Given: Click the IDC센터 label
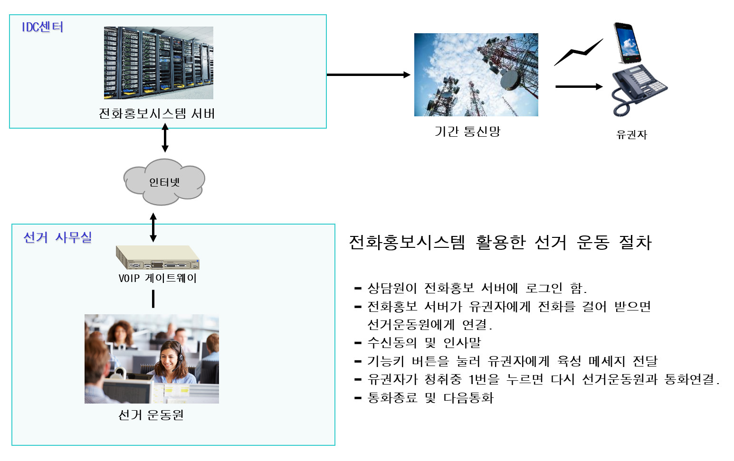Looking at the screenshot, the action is (x=43, y=27).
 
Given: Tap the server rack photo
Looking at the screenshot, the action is (x=159, y=63).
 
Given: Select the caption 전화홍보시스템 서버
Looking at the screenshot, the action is (x=157, y=113).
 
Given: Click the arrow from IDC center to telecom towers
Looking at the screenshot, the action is (x=368, y=75).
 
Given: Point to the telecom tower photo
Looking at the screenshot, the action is (x=476, y=75).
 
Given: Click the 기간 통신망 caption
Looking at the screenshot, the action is (x=467, y=132).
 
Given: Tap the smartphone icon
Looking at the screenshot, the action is (x=627, y=43).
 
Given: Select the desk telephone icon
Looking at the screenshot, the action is (x=639, y=90).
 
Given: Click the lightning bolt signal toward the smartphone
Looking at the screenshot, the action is (x=579, y=52).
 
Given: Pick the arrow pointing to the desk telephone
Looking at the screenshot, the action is (x=579, y=86).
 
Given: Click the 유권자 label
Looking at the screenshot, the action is (x=632, y=134).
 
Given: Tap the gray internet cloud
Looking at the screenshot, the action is (x=164, y=182).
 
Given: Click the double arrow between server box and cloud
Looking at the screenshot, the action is (x=165, y=138).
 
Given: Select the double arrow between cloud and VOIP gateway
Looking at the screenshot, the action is (x=153, y=227).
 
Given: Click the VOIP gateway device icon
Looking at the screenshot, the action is (x=158, y=257).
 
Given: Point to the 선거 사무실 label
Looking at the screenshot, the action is (x=57, y=237).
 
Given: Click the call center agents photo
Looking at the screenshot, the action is (x=152, y=359).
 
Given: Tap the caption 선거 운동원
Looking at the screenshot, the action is (x=151, y=415).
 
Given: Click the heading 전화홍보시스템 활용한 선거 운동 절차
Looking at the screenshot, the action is (x=500, y=243).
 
